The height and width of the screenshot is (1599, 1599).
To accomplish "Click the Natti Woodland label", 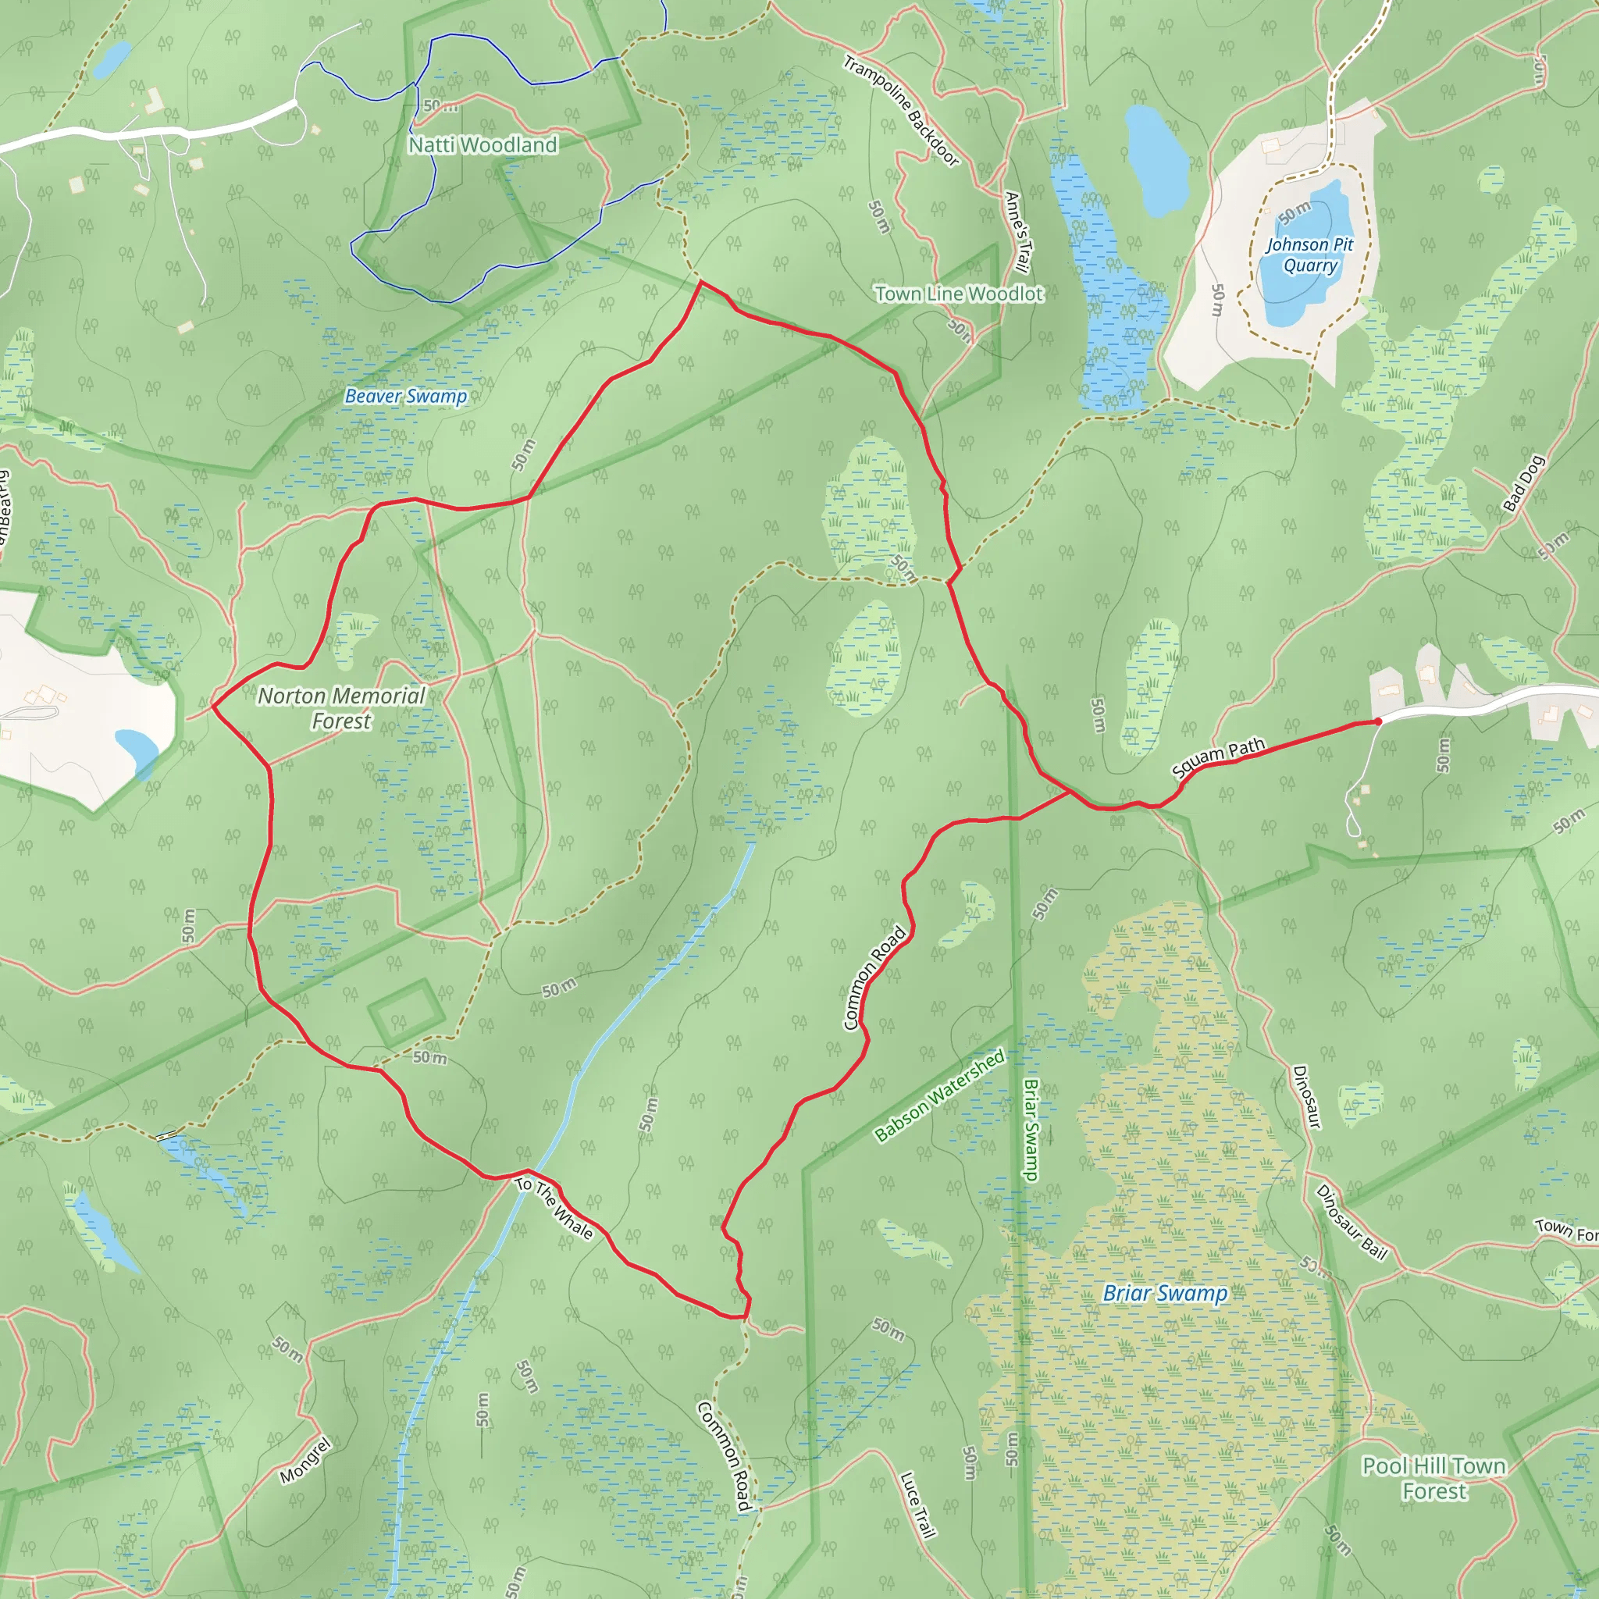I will [483, 145].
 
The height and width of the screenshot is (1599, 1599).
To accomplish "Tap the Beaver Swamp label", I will [405, 397].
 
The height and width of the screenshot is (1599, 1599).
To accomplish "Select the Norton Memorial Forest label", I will [341, 708].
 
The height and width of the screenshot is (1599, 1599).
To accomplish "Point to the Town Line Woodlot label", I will [960, 294].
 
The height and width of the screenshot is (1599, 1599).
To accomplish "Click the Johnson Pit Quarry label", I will [1309, 255].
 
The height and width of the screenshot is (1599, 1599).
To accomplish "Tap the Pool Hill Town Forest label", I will [1433, 1478].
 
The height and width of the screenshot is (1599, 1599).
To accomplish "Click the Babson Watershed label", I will [939, 1095].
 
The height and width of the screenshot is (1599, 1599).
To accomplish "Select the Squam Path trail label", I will [1218, 757].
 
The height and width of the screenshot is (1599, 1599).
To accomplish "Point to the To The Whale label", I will [554, 1209].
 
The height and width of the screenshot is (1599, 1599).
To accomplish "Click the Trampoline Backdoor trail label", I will [901, 110].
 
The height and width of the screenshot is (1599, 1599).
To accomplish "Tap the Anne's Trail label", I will [1017, 232].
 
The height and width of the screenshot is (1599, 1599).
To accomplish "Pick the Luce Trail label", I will [917, 1505].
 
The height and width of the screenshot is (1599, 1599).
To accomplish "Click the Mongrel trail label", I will [305, 1461].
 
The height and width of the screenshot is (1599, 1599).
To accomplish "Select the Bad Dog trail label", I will [1524, 483].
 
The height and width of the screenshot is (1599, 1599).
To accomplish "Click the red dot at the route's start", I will [1377, 721].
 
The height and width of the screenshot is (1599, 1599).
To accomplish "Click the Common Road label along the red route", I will [874, 978].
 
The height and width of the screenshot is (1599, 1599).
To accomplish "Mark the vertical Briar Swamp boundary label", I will [1031, 1130].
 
